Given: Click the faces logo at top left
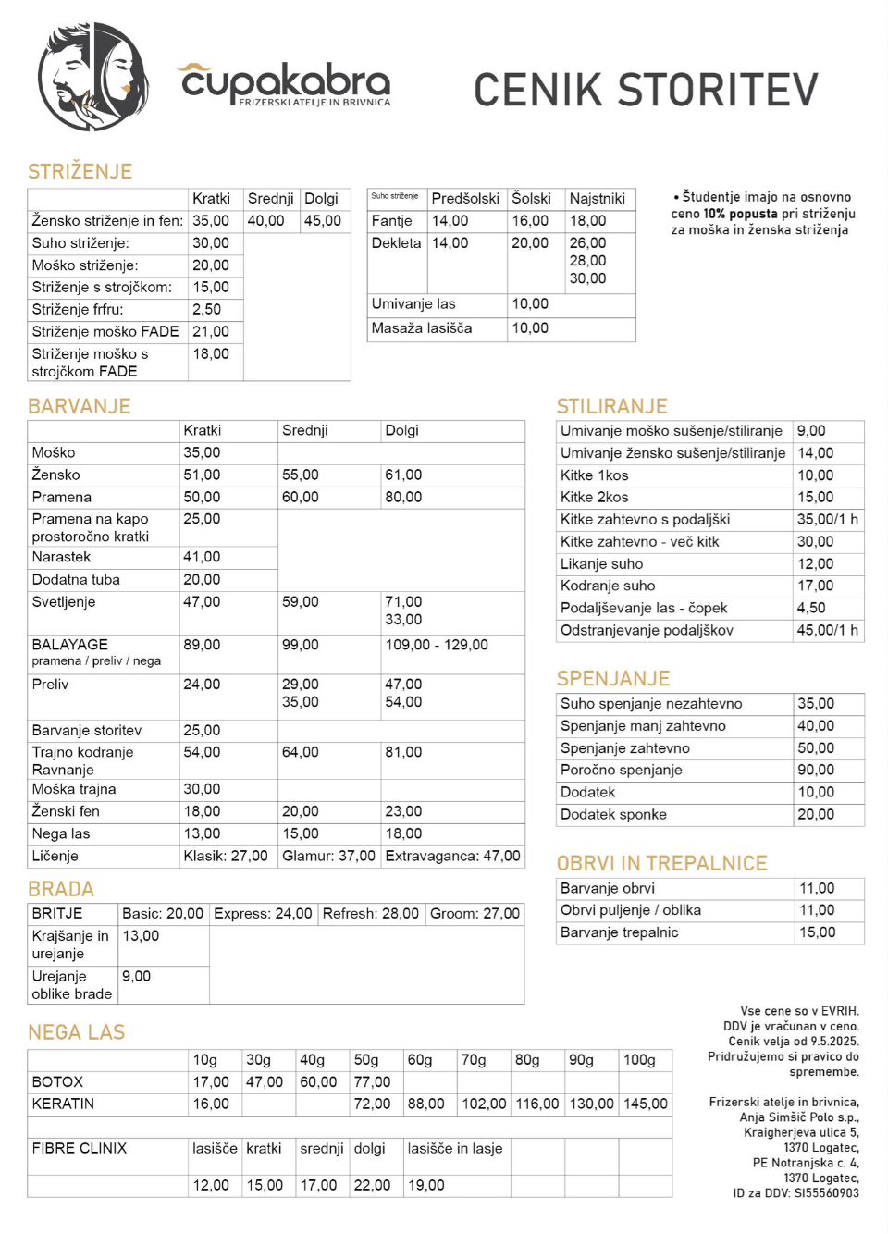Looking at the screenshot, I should (92, 78).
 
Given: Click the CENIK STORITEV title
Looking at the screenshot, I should (646, 90).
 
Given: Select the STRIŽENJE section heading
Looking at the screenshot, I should (80, 171).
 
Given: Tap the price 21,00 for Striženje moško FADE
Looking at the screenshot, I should (210, 331).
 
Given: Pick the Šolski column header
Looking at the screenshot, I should (531, 199).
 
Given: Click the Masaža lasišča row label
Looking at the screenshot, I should (422, 328).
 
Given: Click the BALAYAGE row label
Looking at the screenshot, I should (70, 645).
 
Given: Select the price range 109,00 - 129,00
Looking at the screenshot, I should (437, 645).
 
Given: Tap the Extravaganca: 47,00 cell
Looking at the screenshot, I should (452, 857).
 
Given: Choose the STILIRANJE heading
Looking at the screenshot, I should (611, 406).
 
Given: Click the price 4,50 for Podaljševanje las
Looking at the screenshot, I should (811, 608).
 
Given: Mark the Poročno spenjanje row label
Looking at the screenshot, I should (622, 770).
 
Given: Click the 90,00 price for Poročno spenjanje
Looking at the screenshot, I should (816, 770).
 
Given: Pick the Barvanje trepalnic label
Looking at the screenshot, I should (620, 932).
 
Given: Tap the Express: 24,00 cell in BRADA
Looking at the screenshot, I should (263, 914).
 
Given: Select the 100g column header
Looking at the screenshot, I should (639, 1060).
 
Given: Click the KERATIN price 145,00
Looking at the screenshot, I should (646, 1104).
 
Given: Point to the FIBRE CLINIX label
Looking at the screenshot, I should (80, 1149).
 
